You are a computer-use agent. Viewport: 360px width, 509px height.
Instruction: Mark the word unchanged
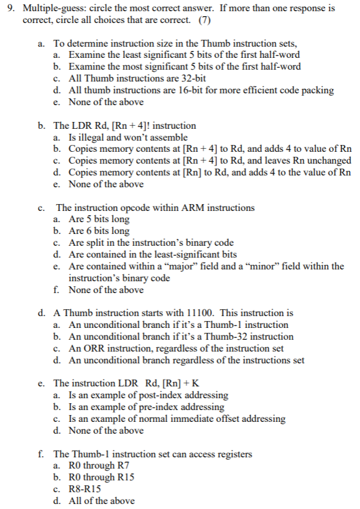(331, 161)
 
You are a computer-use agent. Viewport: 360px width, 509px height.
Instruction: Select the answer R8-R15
(84, 488)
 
